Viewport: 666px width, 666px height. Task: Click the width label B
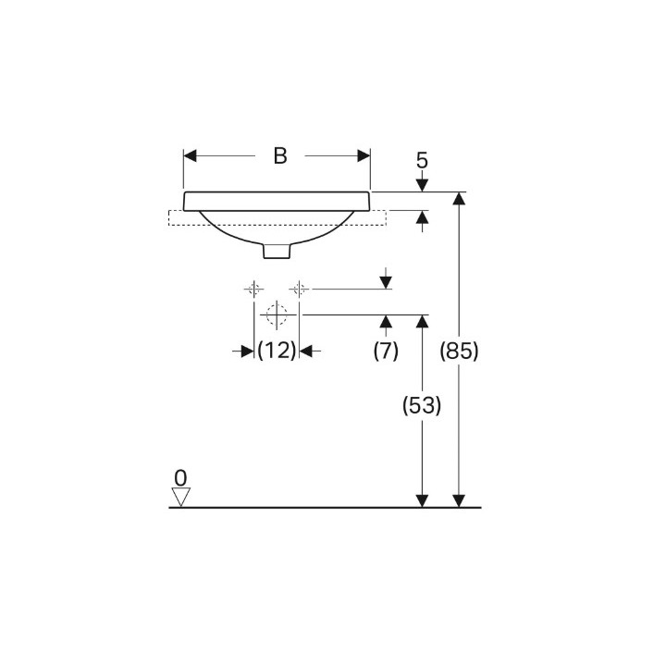(280, 156)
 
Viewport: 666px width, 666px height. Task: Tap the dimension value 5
(422, 161)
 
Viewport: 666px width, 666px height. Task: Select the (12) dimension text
(277, 351)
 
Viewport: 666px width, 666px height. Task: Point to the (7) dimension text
(386, 351)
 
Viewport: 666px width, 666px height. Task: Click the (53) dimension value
(422, 405)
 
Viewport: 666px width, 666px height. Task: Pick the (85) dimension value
(459, 351)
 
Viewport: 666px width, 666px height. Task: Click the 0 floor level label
(180, 478)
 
